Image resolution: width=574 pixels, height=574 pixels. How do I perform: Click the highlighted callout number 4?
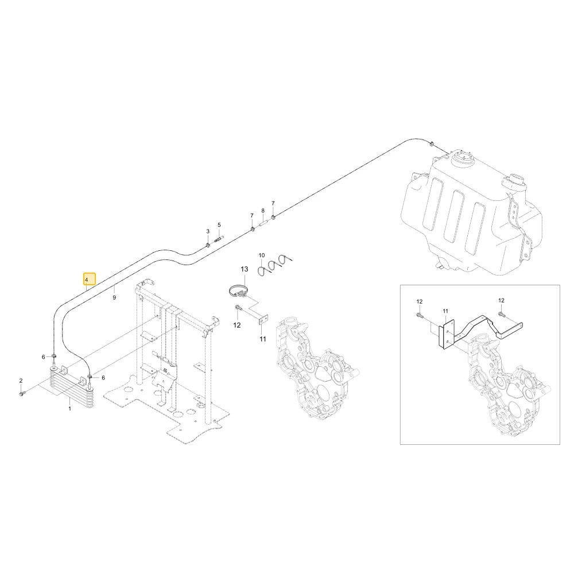pos(87,280)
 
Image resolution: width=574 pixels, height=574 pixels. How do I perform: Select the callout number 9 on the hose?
pos(114,297)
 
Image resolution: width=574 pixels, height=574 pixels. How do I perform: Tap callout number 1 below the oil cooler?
pos(69,408)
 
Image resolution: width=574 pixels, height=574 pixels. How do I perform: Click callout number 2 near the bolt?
pos(21,381)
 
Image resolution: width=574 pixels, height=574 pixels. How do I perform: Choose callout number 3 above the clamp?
pos(208,231)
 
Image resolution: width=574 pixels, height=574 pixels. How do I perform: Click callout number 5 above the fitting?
pos(219,225)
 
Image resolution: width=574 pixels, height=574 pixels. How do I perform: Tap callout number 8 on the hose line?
pos(263,211)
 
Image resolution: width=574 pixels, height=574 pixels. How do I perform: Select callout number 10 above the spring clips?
pos(261,255)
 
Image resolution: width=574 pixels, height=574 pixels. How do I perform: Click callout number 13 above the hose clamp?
pos(244,269)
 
